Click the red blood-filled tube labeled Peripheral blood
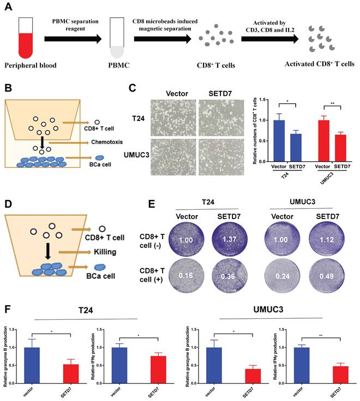pos(25,39)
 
